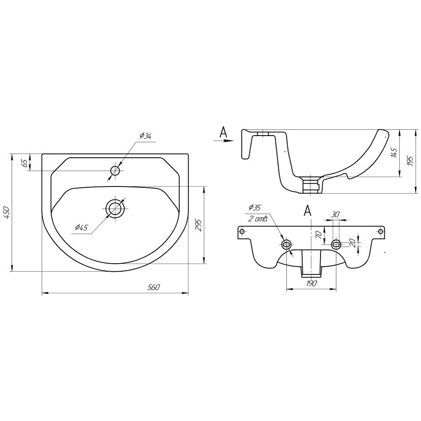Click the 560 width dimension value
[x=154, y=287]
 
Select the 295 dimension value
[x=199, y=225]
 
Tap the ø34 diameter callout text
[x=146, y=136]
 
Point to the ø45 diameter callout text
[x=81, y=228]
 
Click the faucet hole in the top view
[x=116, y=171]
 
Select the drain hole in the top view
[x=116, y=209]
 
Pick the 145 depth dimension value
[x=394, y=153]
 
